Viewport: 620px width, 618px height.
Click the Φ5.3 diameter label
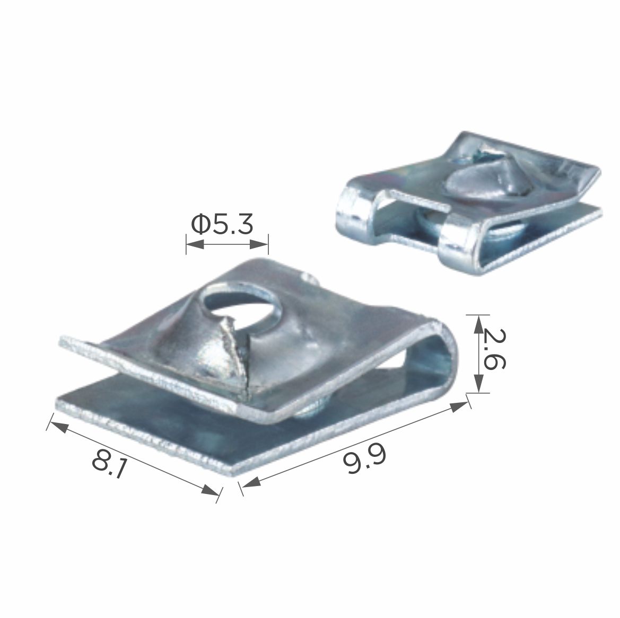(x=222, y=224)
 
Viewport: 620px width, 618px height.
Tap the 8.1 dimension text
(x=109, y=463)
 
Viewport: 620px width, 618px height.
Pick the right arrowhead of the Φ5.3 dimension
(x=259, y=245)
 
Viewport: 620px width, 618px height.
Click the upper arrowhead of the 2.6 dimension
(x=478, y=323)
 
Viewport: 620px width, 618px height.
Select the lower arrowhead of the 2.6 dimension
(x=478, y=384)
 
